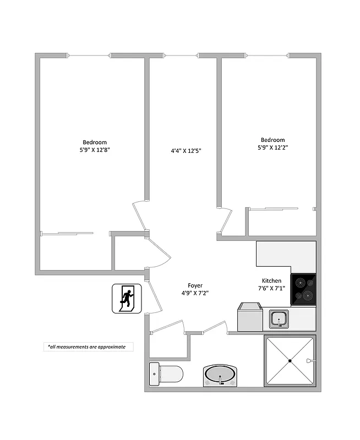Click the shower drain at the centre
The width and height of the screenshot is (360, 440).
(x=290, y=360)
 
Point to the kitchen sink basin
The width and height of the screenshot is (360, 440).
(x=279, y=317)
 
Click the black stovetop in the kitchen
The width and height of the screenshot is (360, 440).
(x=303, y=289)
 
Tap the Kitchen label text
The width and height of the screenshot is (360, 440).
(x=271, y=280)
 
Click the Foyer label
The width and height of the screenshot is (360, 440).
(x=195, y=285)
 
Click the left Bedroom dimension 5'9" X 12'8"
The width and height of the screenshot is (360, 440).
(x=95, y=150)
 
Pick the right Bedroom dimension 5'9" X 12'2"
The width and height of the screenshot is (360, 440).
(x=272, y=147)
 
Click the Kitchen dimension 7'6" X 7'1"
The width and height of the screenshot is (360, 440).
(x=272, y=288)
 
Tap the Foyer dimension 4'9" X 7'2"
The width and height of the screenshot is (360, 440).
(x=195, y=293)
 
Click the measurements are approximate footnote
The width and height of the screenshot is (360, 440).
(x=86, y=346)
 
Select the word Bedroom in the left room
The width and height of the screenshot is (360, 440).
(x=95, y=142)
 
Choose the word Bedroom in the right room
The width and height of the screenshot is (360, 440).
(x=272, y=140)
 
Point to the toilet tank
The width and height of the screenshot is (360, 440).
(x=154, y=375)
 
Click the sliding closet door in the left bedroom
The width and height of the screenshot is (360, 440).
(x=69, y=234)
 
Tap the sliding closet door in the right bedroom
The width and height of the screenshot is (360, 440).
(x=274, y=208)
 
